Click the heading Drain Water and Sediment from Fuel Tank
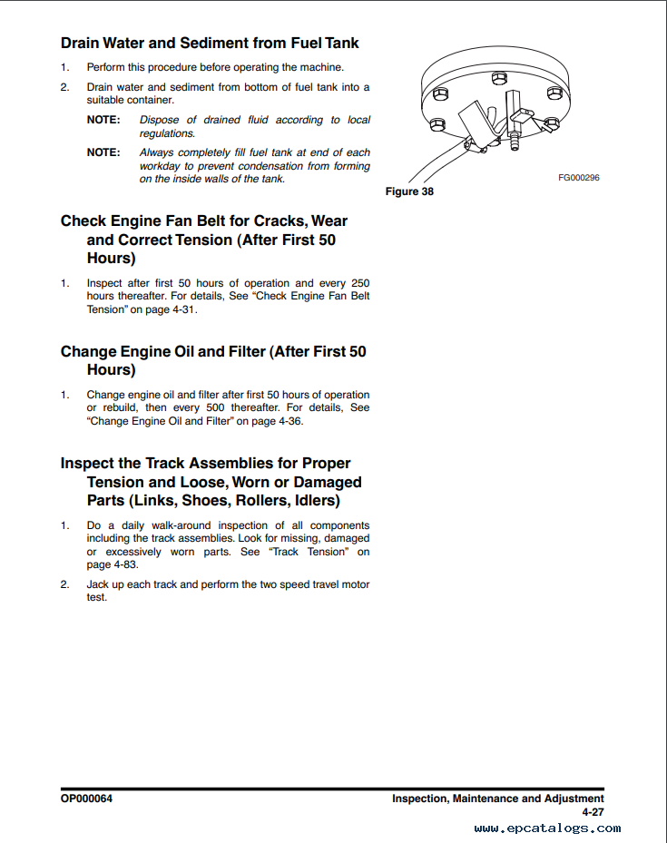click(210, 43)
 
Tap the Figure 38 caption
click(409, 191)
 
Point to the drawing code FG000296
click(579, 178)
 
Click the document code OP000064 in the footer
click(87, 799)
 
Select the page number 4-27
click(593, 812)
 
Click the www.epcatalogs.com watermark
click(547, 828)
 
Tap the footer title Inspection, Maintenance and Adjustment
click(497, 799)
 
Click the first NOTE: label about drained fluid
click(103, 120)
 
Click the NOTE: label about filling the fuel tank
click(103, 152)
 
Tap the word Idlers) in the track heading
click(310, 501)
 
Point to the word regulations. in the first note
click(167, 133)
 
